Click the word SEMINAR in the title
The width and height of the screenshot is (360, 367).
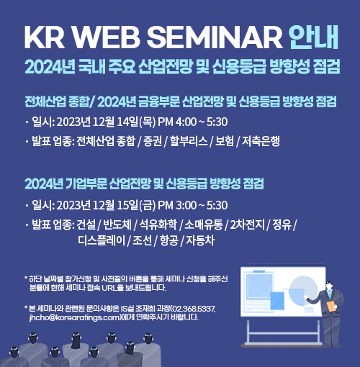215,37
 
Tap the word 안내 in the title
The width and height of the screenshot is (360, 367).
314,37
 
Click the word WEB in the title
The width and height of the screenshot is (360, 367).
107,37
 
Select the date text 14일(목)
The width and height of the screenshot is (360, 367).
136,122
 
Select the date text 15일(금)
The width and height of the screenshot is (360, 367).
136,205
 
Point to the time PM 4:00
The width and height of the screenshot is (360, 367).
177,122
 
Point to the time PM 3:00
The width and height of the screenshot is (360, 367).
177,205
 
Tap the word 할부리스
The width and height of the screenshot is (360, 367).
189,141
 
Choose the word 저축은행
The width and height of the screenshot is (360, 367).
261,141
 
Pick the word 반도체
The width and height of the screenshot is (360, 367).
117,225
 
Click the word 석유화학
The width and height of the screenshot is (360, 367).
158,225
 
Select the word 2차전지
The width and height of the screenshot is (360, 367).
248,225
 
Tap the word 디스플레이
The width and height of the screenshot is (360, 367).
102,240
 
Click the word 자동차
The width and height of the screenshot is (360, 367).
200,240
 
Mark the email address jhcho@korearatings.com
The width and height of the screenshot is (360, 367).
74,317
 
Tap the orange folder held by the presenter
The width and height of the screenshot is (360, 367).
331,306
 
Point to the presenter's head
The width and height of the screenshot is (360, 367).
329,285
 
